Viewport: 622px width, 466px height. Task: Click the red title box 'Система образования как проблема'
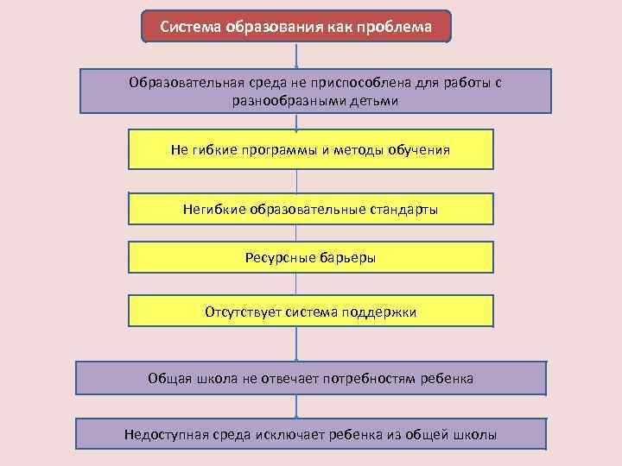coord(296,27)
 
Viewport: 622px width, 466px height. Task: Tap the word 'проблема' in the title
coord(396,27)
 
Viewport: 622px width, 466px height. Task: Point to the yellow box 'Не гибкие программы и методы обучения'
coord(311,149)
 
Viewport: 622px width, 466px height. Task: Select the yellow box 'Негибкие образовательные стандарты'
coord(311,209)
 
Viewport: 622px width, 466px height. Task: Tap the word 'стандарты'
coord(406,209)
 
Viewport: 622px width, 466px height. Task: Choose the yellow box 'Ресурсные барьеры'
coord(311,257)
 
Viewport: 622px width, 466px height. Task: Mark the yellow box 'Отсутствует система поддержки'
coord(311,311)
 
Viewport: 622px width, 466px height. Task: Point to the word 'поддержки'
coord(382,311)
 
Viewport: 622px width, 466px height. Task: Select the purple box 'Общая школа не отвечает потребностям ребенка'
coord(311,378)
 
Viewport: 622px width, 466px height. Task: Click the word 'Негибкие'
coord(214,209)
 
